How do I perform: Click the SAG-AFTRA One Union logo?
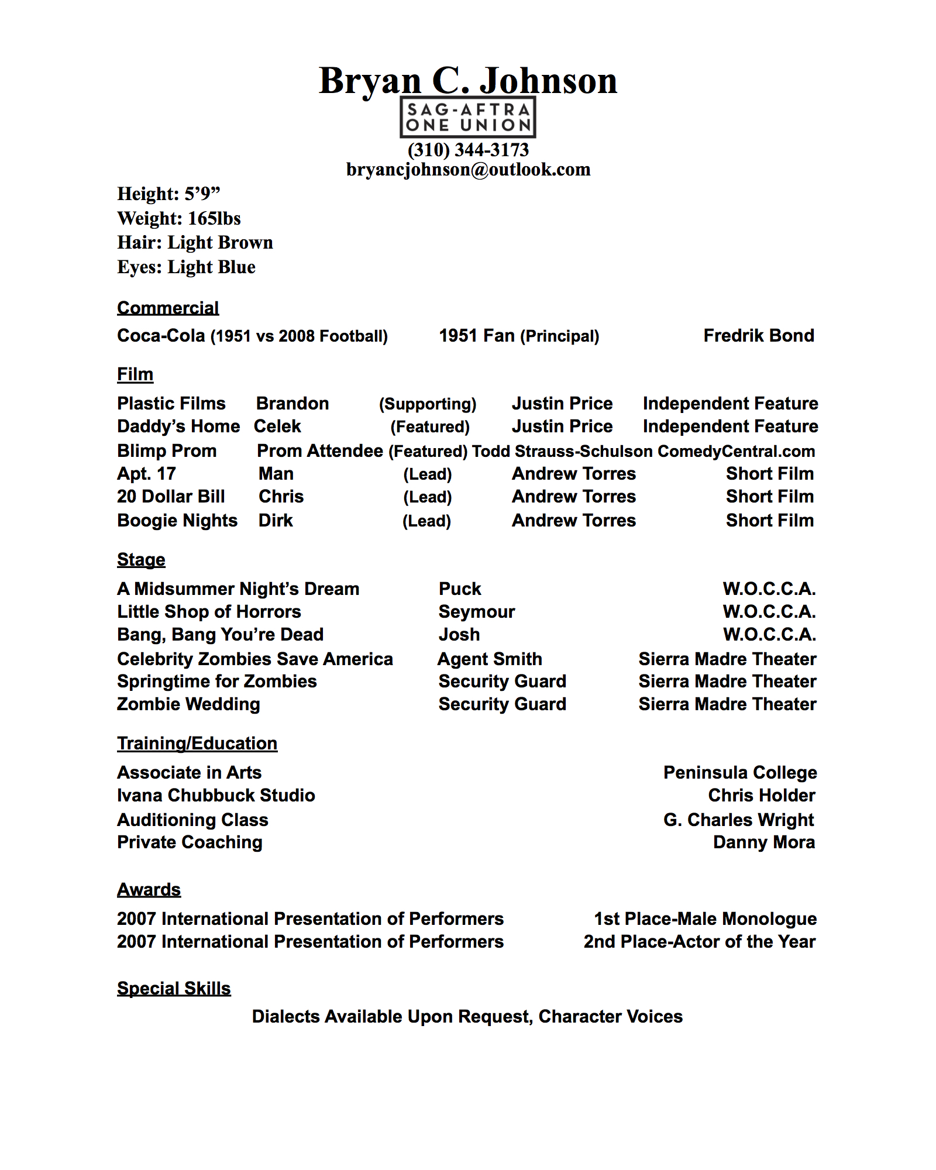coord(468,117)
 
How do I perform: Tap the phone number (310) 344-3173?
coord(468,150)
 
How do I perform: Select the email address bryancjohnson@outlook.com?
coord(468,170)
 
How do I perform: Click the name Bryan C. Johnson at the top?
coord(468,80)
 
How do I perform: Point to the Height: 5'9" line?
coord(168,194)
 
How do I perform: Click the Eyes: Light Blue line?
coord(186,267)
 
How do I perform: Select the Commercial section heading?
coord(168,308)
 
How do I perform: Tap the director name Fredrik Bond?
coord(758,335)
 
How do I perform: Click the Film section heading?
coord(135,374)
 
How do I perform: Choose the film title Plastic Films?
coord(171,403)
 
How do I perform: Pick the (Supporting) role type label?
coord(428,404)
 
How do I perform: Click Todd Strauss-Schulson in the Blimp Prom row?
coord(562,451)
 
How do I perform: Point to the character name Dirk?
coord(276,520)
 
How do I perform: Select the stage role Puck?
coord(460,589)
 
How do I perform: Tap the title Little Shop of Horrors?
coord(209,611)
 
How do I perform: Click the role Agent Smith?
coord(490,659)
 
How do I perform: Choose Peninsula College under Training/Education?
coord(740,772)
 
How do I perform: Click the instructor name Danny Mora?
coord(763,842)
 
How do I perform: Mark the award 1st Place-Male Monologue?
coord(705,918)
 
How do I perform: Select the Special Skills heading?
coord(174,988)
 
